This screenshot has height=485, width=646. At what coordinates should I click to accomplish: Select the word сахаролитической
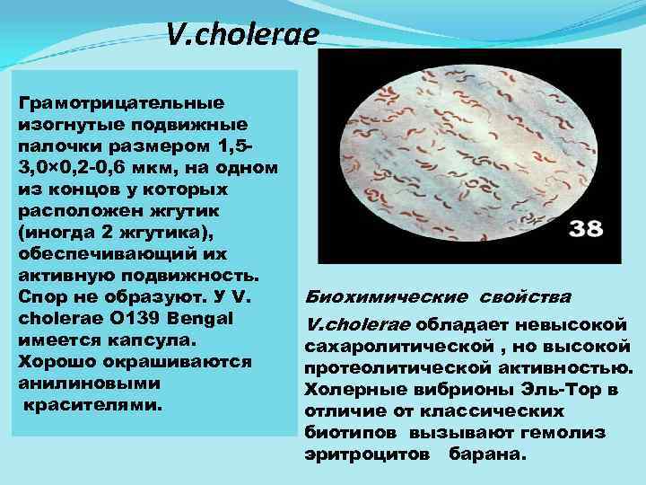[x=388, y=347]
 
